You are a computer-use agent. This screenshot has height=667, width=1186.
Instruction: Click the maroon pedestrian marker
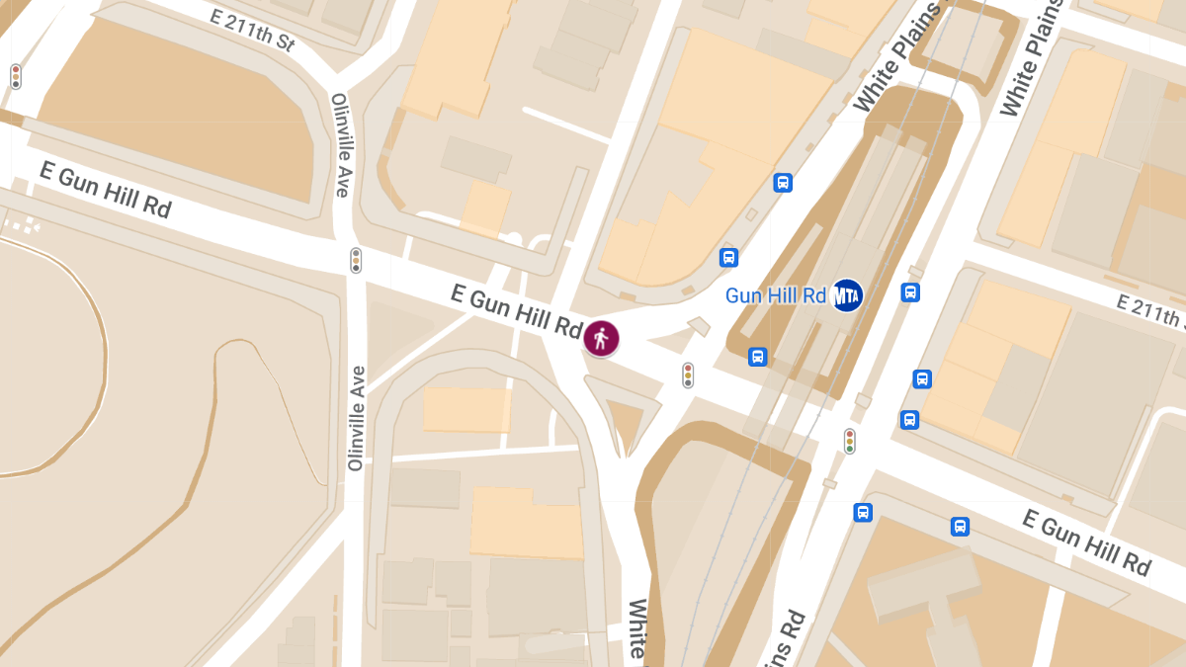point(601,338)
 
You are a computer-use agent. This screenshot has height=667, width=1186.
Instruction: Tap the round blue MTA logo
point(846,294)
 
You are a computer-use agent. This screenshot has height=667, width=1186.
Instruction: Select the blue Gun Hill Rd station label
point(775,295)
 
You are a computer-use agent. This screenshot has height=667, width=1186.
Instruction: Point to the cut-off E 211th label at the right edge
point(1150,310)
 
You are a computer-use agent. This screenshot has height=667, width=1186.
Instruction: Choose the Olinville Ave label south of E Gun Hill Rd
point(356,418)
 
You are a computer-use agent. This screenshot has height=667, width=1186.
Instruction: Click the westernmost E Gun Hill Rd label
point(105,190)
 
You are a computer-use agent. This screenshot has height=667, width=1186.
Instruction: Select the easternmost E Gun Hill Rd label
point(1086,542)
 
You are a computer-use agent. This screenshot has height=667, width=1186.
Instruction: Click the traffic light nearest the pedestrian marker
point(688,375)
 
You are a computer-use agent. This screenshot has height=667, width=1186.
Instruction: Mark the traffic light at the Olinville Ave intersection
point(356,261)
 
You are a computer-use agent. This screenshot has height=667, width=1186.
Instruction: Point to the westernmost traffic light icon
point(15,76)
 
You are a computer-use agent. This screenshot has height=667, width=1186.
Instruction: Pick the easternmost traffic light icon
point(849,441)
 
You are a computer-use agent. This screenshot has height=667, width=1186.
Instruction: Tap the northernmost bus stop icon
point(783,183)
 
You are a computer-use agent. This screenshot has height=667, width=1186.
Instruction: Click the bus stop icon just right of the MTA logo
point(910,292)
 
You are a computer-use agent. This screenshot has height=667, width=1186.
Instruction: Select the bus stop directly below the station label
point(757,357)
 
